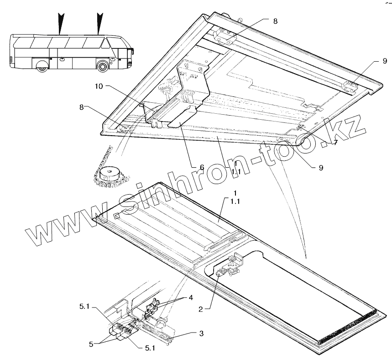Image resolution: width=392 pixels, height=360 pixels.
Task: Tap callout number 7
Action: tap(335, 143)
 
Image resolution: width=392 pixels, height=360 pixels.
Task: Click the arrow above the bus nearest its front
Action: tap(99, 23)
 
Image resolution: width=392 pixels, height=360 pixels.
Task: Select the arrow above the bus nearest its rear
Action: tap(60, 23)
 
